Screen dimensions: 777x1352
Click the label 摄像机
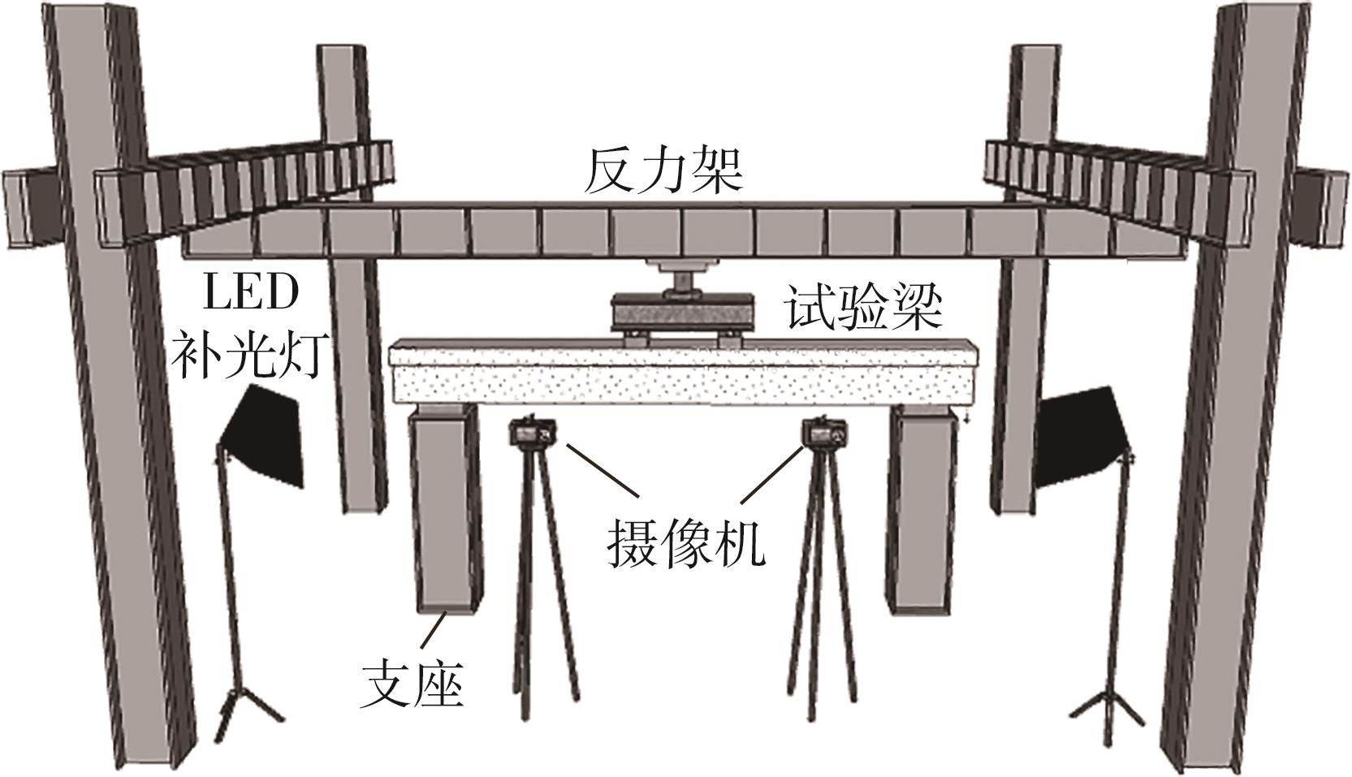pyautogui.click(x=686, y=542)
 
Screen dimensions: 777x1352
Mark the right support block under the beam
pyautogui.click(x=921, y=512)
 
